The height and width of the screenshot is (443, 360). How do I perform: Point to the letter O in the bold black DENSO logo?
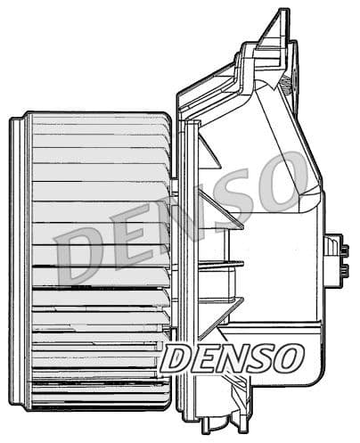click(x=289, y=358)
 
